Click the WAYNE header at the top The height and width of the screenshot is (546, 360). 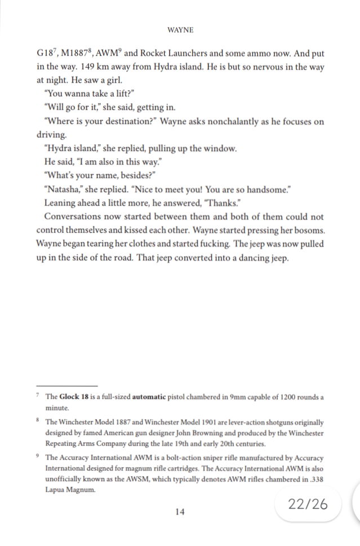tap(180, 29)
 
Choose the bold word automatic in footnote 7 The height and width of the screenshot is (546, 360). tap(149, 397)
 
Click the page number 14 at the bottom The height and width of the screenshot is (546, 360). tap(180, 512)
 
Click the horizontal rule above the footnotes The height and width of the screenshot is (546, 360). tap(66, 384)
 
